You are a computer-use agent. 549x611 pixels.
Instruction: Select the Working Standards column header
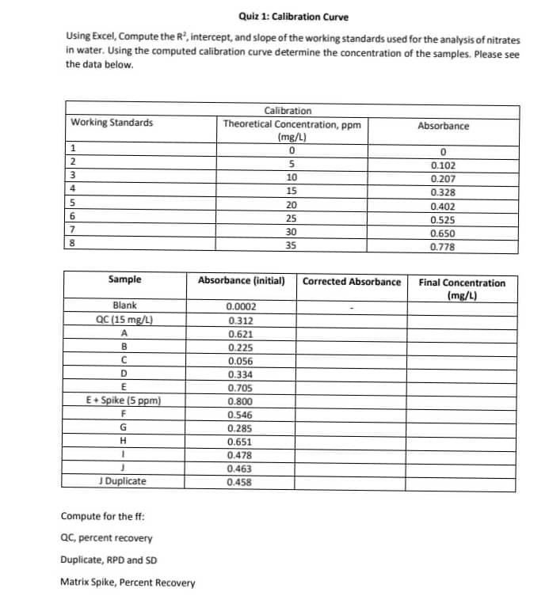(112, 123)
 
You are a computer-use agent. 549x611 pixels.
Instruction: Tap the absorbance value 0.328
(443, 192)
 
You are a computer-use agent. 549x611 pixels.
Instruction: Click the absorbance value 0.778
(443, 246)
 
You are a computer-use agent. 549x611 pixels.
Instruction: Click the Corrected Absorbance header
(352, 281)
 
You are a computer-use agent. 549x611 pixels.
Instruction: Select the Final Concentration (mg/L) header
(462, 288)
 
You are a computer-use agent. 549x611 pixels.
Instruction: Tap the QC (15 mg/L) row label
(124, 320)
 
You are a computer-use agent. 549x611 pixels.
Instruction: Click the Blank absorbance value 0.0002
(241, 306)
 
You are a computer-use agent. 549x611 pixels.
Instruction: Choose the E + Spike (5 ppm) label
(124, 400)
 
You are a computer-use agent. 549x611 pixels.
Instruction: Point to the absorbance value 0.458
(240, 481)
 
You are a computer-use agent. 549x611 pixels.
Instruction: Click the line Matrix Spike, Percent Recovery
(128, 583)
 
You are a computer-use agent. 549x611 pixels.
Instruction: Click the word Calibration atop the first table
(288, 111)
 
